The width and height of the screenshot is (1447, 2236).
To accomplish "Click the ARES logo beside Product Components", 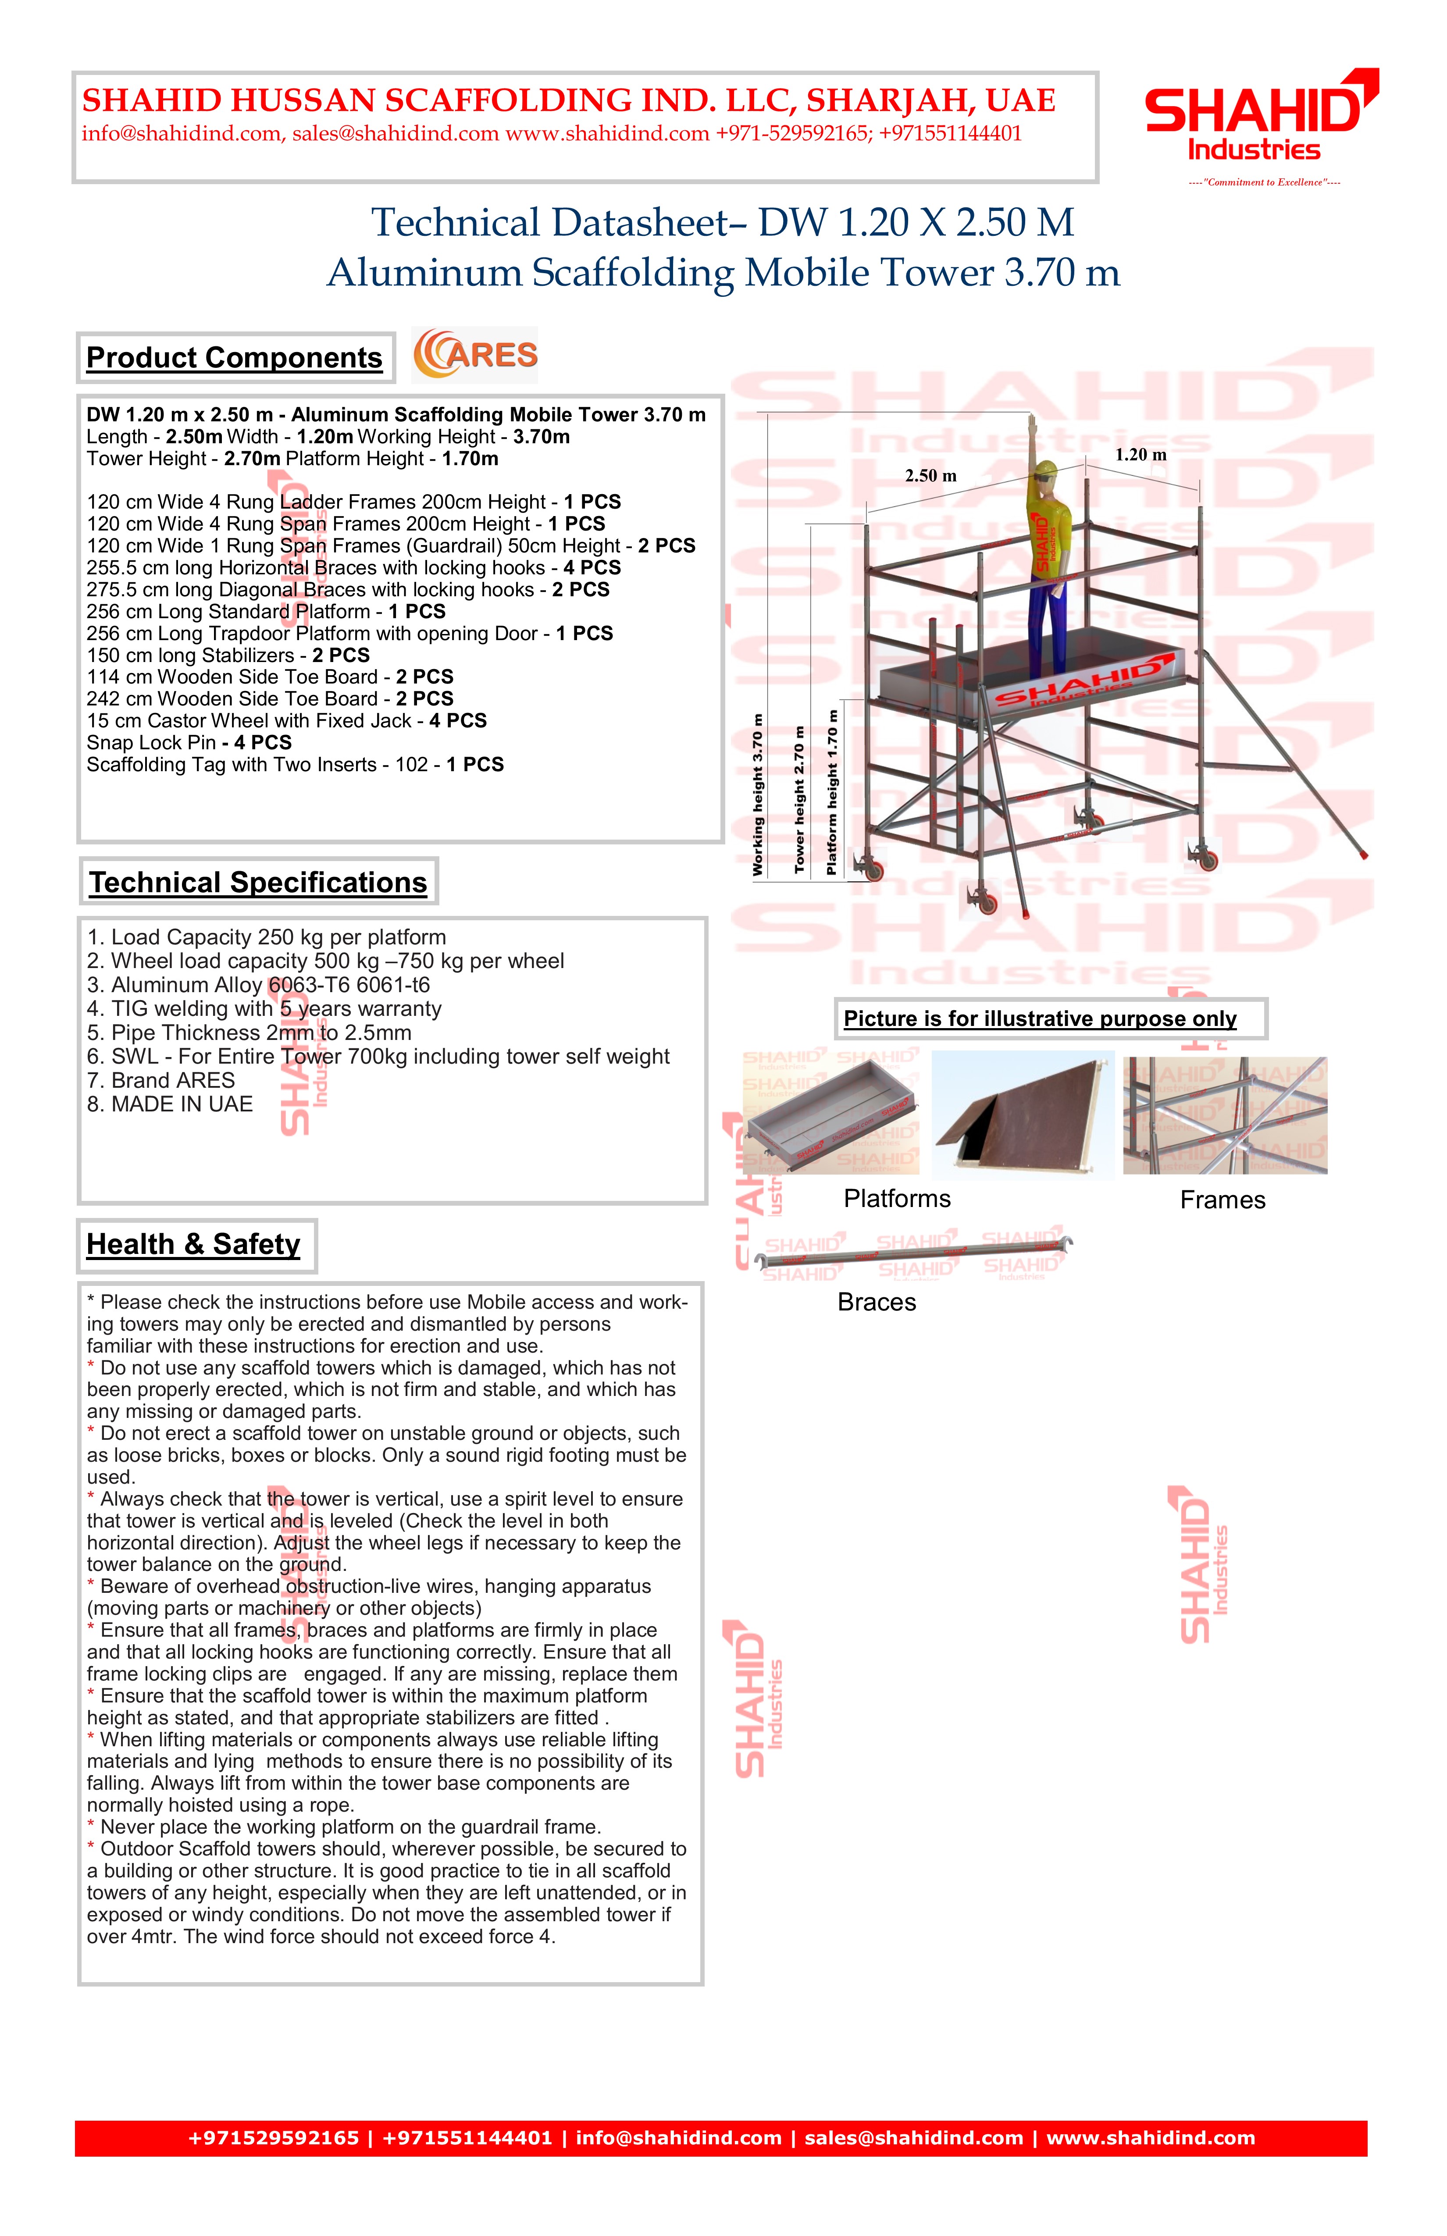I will [x=475, y=355].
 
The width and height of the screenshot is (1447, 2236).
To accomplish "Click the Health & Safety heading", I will [x=193, y=1245].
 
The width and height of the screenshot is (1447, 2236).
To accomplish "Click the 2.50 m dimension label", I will [x=930, y=476].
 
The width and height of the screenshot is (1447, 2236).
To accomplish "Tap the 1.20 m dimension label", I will [x=1140, y=455].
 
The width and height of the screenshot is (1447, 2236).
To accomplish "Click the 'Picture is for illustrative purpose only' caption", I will [x=1040, y=1019].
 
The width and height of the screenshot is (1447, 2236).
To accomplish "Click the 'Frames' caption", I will [x=1222, y=1201].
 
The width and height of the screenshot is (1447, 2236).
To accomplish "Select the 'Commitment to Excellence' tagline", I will [x=1264, y=182].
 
